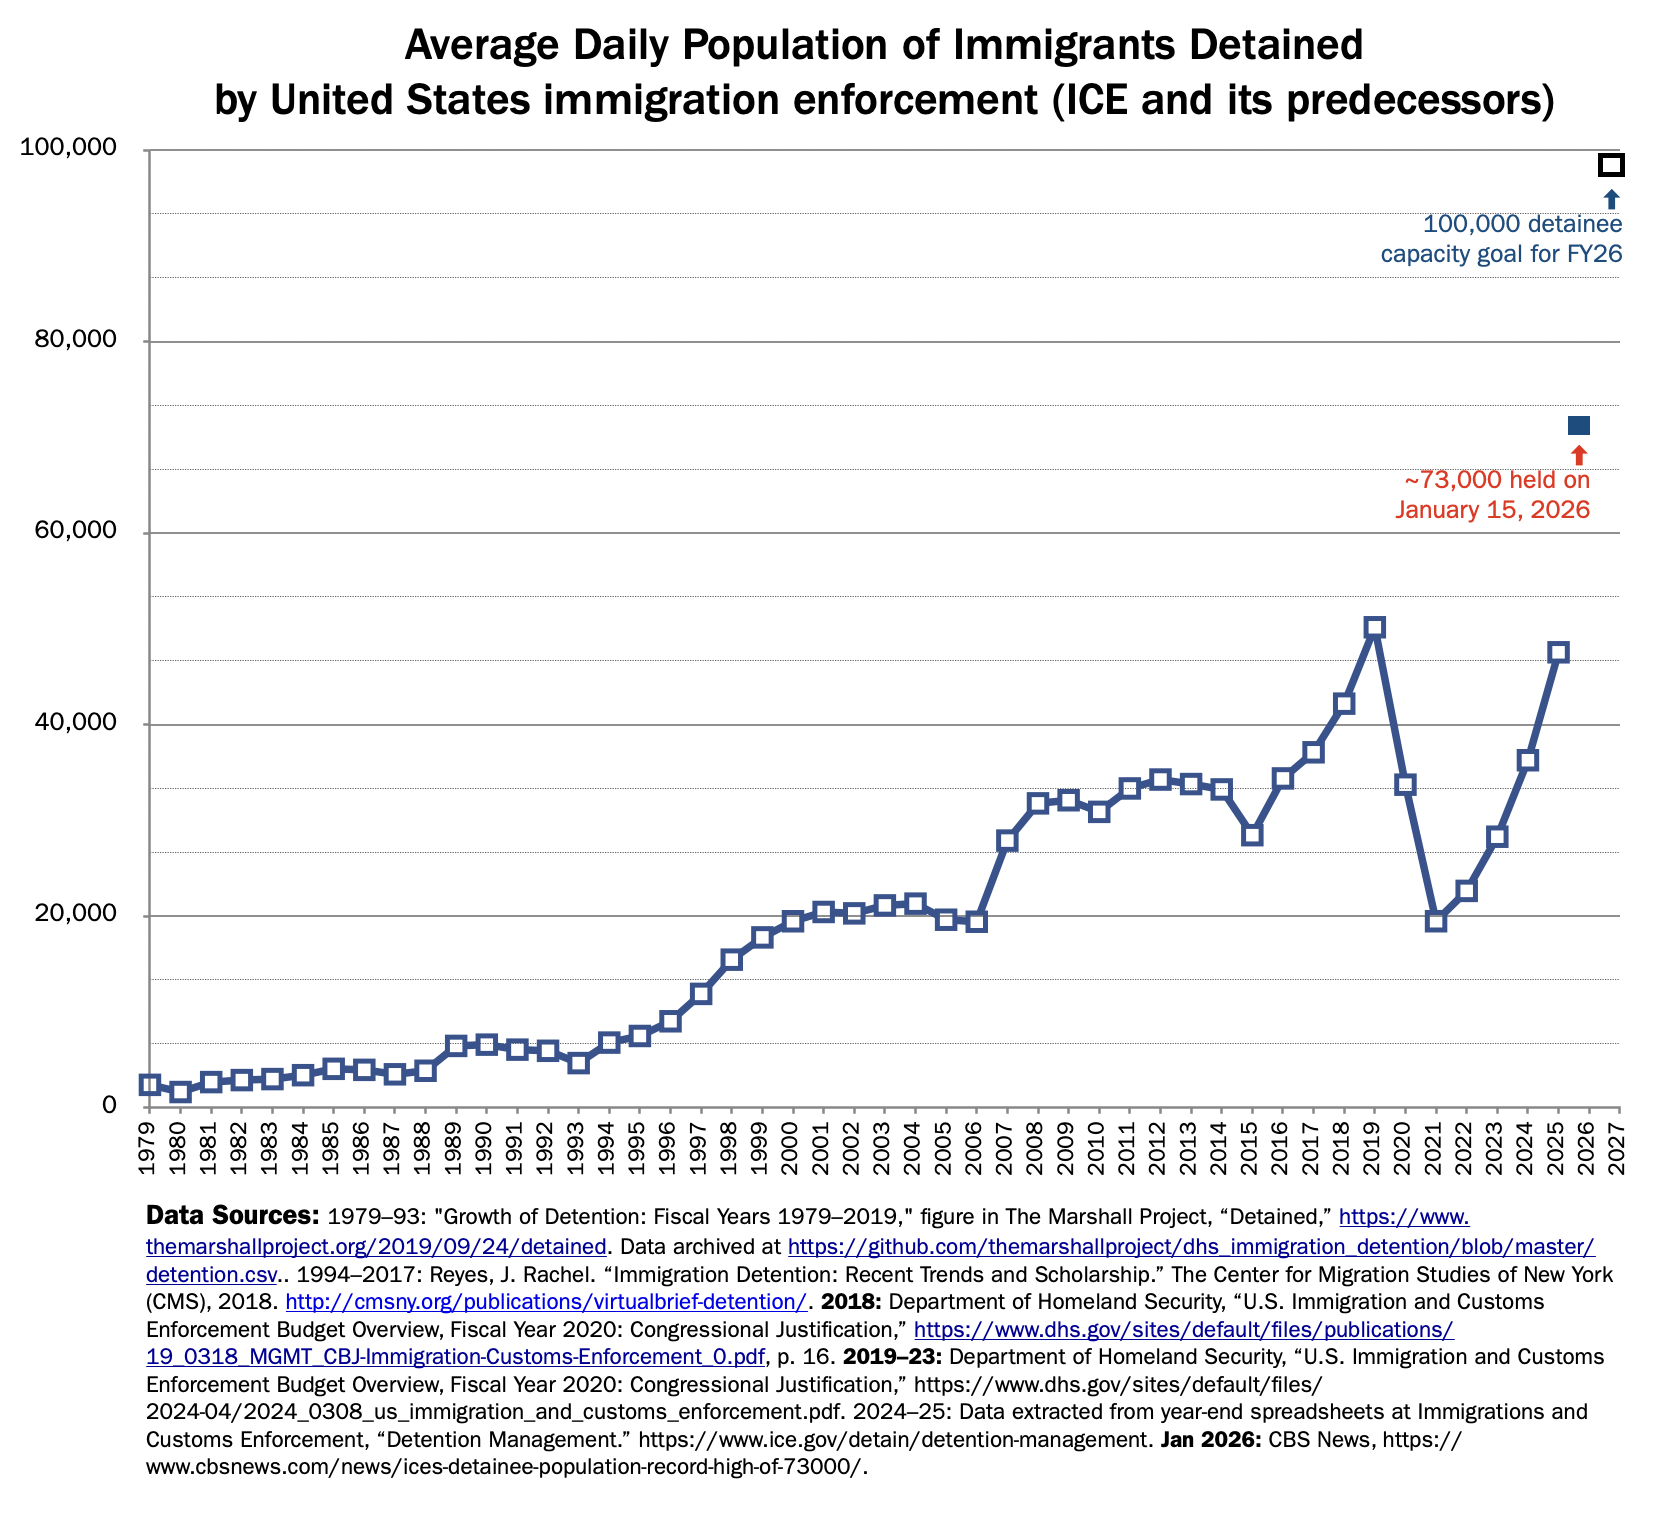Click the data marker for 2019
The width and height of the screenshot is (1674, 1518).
(x=1374, y=628)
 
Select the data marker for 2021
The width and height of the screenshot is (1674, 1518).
(x=1436, y=921)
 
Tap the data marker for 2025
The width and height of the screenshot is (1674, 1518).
(x=1558, y=652)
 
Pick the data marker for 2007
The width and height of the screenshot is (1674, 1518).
(x=1007, y=840)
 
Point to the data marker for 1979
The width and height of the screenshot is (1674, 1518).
(x=150, y=1084)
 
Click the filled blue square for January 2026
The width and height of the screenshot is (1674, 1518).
(x=1578, y=426)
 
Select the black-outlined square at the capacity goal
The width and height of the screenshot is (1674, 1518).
(x=1610, y=165)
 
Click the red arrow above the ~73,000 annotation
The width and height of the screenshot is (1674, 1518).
(x=1579, y=455)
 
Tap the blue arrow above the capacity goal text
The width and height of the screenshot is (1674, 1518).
(x=1611, y=199)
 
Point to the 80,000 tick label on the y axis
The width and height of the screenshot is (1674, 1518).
(x=82, y=340)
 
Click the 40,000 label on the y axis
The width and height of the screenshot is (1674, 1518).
(x=82, y=723)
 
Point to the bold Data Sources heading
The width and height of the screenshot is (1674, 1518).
(x=232, y=1216)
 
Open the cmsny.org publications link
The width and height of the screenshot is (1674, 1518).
(x=546, y=1302)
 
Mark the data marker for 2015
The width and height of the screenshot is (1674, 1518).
(x=1252, y=835)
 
